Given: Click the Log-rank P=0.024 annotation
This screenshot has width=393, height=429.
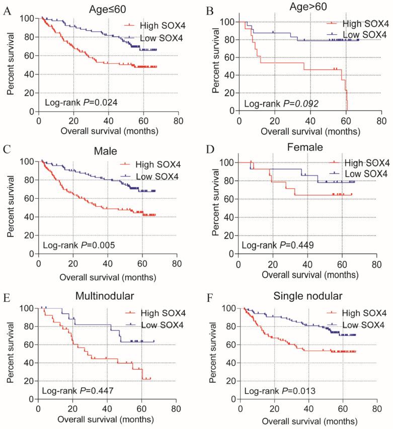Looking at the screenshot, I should pyautogui.click(x=75, y=101).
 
